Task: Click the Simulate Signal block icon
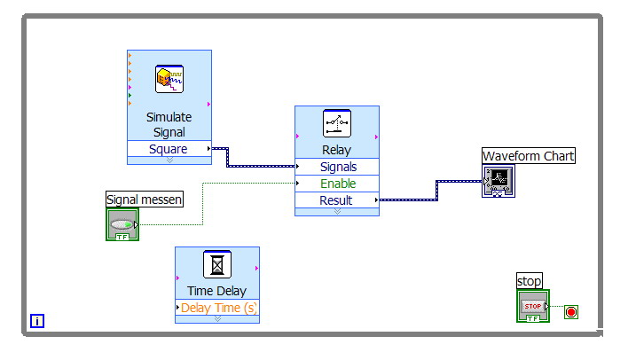coord(169,79)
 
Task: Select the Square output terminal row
coord(169,149)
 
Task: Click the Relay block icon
coord(337,123)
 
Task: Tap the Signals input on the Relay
coord(338,167)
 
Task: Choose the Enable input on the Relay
coord(338,184)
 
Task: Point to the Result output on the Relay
coord(336,200)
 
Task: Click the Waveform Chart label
coord(529,156)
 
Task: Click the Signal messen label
coord(144,200)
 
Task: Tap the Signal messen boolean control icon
coord(122,224)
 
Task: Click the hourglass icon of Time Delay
coord(217,264)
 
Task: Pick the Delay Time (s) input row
coord(217,308)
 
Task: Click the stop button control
coord(533,306)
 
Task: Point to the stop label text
coord(530,282)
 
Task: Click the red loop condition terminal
coord(571,312)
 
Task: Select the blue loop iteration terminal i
coord(37,321)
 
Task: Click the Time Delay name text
coord(217,291)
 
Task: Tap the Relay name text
coord(337,150)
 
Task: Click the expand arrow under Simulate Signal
coord(169,160)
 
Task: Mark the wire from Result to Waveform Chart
coord(436,192)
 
